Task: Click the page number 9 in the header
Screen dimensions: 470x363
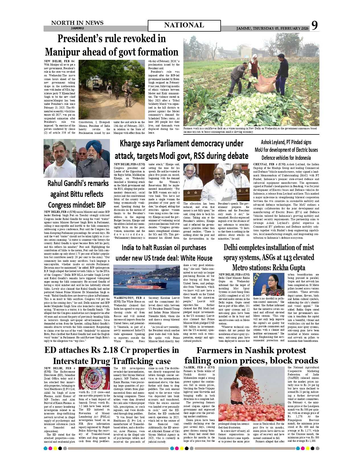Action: (314, 26)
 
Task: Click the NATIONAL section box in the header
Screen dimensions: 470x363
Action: (184, 25)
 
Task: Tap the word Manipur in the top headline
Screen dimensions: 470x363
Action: (65, 52)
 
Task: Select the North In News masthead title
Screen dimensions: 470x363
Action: (77, 23)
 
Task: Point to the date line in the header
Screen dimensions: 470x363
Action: (272, 28)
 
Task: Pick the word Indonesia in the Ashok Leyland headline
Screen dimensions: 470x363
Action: (301, 158)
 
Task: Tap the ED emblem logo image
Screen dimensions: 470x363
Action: (94, 378)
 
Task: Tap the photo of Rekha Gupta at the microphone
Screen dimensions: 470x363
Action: (268, 284)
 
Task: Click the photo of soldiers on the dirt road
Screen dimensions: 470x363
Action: (112, 89)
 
